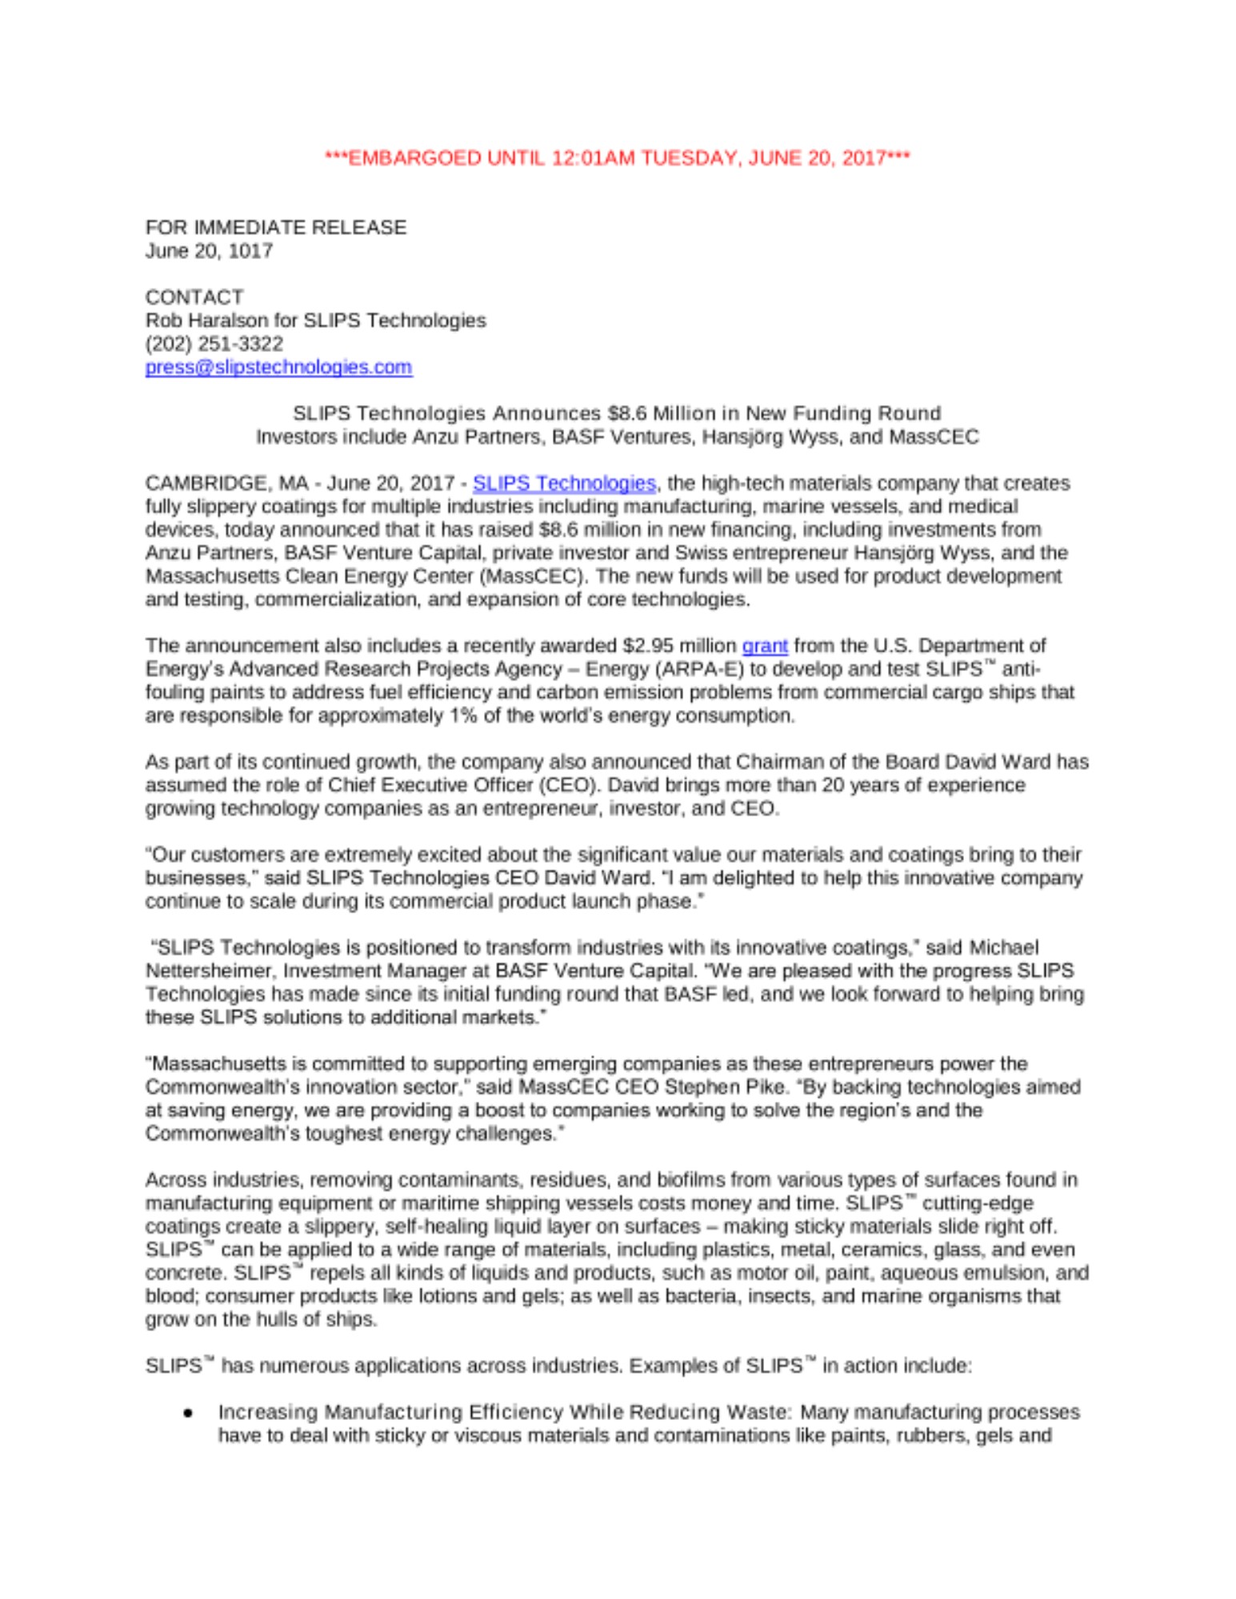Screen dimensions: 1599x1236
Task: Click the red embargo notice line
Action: point(617,158)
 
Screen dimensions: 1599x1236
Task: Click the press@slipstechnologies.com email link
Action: point(278,367)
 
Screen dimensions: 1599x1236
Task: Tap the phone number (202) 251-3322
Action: point(214,344)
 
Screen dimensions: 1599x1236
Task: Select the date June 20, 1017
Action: point(209,251)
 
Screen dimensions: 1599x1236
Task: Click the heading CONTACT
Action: point(194,297)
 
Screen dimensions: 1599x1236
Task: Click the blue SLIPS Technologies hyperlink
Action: point(564,483)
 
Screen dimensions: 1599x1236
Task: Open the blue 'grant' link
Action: point(765,645)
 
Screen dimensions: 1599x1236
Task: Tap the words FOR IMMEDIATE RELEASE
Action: point(275,228)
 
